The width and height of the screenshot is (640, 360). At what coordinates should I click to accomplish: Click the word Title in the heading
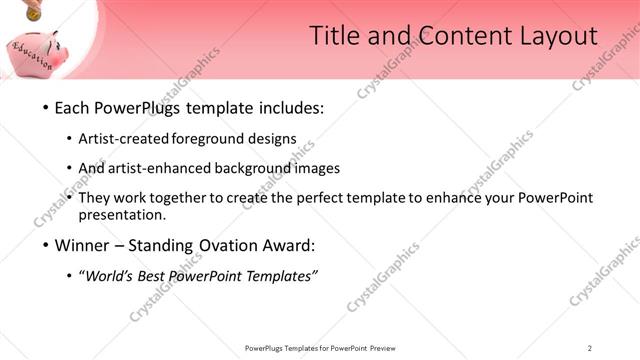tap(334, 37)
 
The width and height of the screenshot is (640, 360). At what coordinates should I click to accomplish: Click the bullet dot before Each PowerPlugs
tap(45, 107)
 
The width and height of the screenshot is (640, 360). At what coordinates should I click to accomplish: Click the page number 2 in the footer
tap(590, 348)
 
